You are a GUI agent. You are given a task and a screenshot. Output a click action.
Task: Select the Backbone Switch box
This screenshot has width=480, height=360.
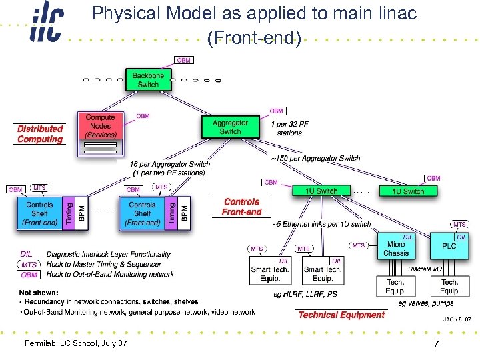pyautogui.click(x=148, y=80)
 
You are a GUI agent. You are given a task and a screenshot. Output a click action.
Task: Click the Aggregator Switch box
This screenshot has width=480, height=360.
pyautogui.click(x=230, y=127)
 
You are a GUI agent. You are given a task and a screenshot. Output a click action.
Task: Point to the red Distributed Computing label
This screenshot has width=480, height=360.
pyautogui.click(x=40, y=134)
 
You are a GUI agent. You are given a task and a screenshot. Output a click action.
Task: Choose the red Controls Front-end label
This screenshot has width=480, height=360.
pyautogui.click(x=241, y=207)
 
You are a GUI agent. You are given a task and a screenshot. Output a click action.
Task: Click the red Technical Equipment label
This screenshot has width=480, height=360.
pyautogui.click(x=341, y=315)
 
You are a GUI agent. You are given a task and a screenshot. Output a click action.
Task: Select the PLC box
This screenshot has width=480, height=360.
pyautogui.click(x=449, y=247)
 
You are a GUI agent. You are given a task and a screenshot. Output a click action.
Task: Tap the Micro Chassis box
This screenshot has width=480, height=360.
pyautogui.click(x=396, y=248)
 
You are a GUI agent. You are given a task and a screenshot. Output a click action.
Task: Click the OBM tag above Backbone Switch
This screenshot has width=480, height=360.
pyautogui.click(x=184, y=61)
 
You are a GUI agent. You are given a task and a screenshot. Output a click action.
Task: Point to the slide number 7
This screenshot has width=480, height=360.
pyautogui.click(x=436, y=344)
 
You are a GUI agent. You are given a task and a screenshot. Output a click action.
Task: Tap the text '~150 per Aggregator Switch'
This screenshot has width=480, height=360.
pyautogui.click(x=315, y=158)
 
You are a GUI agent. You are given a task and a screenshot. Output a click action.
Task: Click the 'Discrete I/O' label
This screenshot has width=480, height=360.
pyautogui.click(x=424, y=269)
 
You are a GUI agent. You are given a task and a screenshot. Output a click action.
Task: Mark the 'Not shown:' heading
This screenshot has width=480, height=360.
pyautogui.click(x=39, y=293)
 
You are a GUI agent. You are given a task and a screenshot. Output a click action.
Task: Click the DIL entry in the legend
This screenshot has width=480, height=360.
pyautogui.click(x=27, y=254)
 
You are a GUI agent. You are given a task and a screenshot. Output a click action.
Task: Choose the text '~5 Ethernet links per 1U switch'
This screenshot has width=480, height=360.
pyautogui.click(x=321, y=224)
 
